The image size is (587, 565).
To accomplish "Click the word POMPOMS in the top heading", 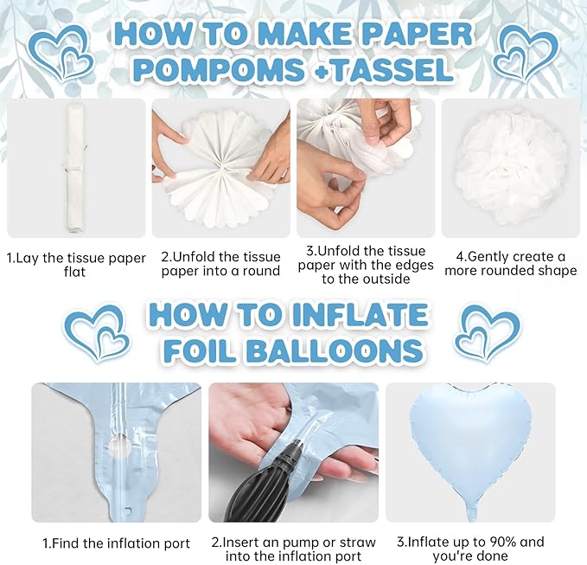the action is (218, 70).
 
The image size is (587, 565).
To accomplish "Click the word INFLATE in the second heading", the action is (360, 315).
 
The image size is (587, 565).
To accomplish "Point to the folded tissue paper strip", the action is (75, 168).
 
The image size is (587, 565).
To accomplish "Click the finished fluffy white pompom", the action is (510, 167).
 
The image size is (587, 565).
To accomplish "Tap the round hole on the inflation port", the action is (120, 445).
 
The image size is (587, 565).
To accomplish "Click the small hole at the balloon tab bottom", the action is (129, 510).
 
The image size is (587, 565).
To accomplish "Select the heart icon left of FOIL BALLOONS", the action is (97, 333).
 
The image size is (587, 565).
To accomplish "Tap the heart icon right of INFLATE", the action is (487, 333).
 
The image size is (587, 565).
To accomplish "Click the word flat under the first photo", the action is (74, 272).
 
